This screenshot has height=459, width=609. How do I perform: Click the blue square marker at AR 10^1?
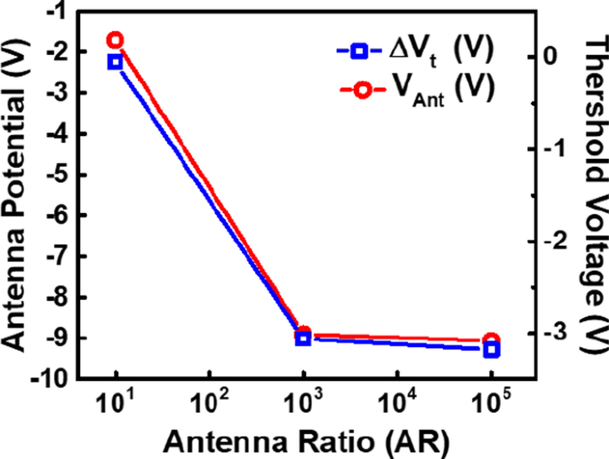116,62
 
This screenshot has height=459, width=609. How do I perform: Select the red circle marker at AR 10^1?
116,40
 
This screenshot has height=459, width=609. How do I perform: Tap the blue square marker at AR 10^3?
303,338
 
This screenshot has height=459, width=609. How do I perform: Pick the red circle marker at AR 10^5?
492,341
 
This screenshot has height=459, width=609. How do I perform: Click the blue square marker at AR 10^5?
492,351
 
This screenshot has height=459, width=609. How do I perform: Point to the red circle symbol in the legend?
358,89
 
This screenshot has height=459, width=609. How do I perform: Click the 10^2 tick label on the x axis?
210,402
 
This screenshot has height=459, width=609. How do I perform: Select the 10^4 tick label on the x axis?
397,402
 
